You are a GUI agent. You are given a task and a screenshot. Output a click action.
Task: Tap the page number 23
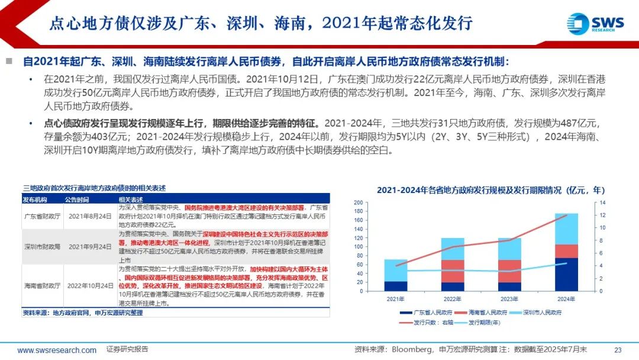[x=618, y=349]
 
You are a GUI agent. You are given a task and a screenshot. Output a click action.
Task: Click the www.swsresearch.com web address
[x=57, y=350]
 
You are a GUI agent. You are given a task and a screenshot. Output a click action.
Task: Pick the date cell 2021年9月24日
[x=88, y=247]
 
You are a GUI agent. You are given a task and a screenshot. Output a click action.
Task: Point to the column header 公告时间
[x=76, y=200]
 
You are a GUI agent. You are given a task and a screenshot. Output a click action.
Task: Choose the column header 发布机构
[x=35, y=200]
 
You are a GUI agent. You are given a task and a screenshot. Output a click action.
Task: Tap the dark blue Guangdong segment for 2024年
[x=567, y=274]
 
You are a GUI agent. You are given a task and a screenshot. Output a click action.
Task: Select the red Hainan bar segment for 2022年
[x=453, y=271]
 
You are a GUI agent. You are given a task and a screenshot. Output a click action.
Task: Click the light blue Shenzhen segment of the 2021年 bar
[x=396, y=270]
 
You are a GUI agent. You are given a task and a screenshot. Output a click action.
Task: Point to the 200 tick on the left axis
[x=358, y=202]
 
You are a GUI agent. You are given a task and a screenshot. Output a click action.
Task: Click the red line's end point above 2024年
[x=567, y=215]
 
